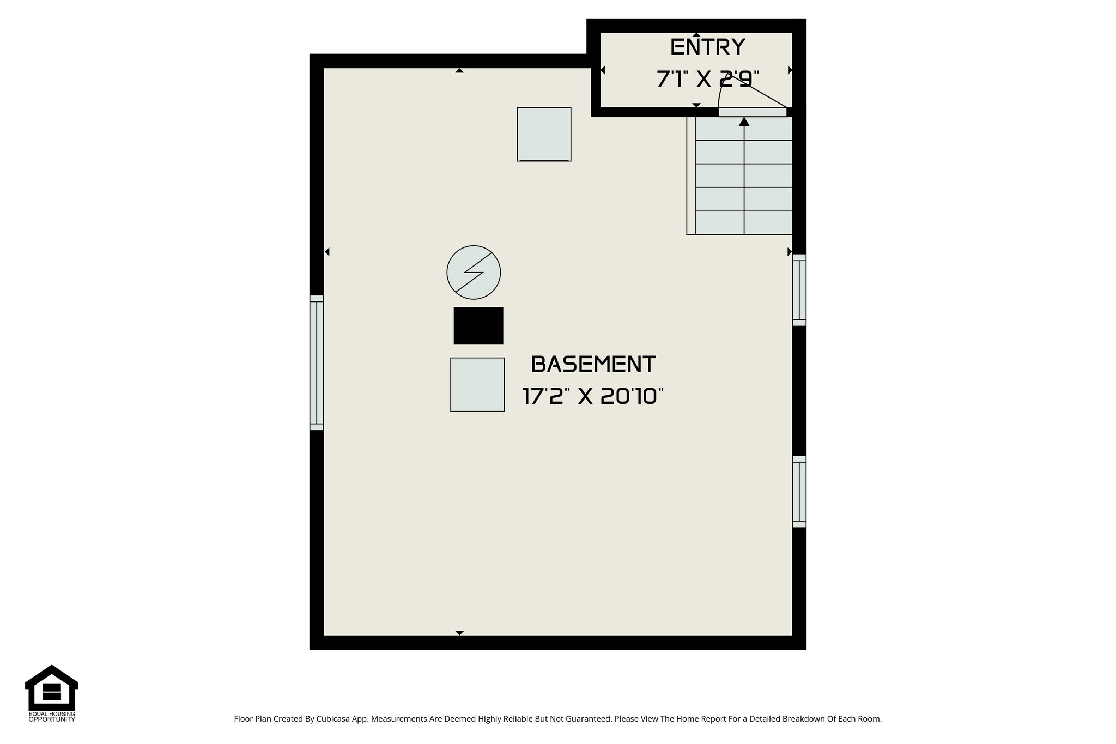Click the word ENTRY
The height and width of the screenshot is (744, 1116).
(707, 47)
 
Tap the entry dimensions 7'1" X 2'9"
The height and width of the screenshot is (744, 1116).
(707, 80)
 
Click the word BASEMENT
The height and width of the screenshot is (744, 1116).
(593, 364)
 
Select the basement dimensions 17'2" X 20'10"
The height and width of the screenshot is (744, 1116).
(593, 396)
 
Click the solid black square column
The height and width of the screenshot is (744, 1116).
(478, 326)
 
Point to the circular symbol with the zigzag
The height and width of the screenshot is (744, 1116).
(474, 272)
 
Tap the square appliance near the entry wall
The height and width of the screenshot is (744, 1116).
(544, 134)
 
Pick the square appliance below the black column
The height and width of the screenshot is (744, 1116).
(477, 384)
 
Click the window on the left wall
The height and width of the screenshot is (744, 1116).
(317, 362)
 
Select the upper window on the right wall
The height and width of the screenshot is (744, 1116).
(799, 290)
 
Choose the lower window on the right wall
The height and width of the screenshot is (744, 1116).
(799, 491)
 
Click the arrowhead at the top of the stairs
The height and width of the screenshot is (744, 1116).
(744, 122)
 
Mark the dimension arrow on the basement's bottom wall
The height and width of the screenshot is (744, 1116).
(459, 633)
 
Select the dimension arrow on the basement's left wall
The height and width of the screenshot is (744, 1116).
(327, 252)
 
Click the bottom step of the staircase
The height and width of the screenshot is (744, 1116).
(744, 222)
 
